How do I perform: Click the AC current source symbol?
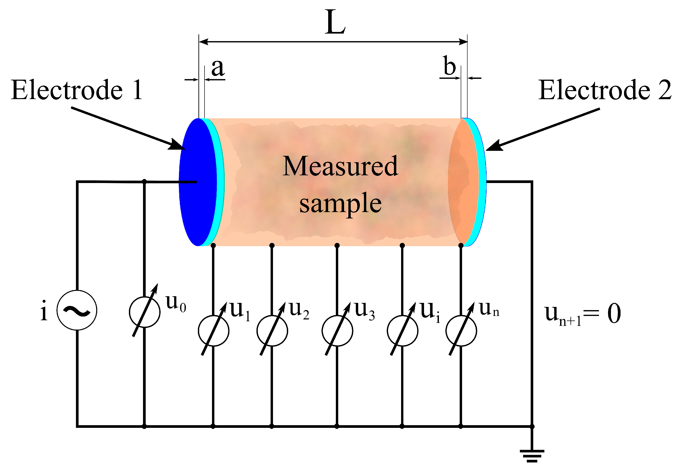77,310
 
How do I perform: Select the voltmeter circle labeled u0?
145,312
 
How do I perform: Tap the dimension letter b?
449,66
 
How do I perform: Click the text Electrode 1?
77,90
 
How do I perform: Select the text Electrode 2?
605,90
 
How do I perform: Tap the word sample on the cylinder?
340,204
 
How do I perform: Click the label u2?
299,310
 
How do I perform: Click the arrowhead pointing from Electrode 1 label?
177,145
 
